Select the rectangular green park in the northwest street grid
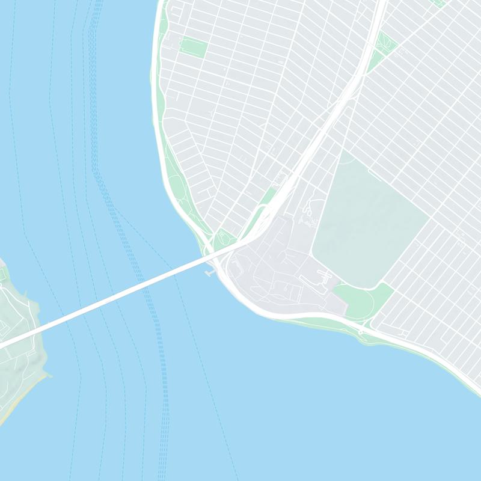pyautogui.click(x=192, y=47)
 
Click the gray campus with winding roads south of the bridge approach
pyautogui.click(x=277, y=271)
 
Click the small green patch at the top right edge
pyautogui.click(x=438, y=3)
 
